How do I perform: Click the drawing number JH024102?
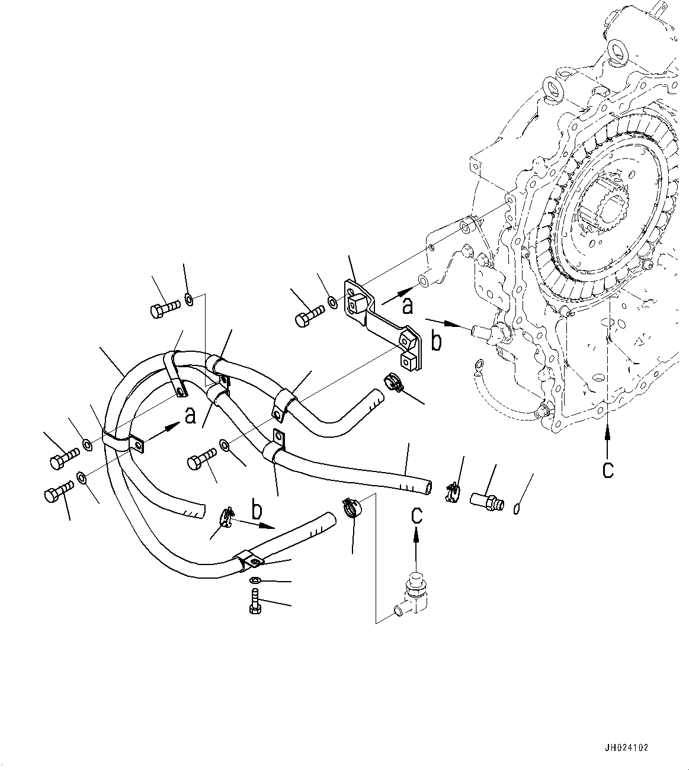[626, 747]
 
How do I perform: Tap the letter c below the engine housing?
[608, 469]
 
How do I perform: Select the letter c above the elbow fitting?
[417, 515]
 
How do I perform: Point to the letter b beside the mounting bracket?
[436, 342]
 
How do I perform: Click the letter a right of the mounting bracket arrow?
[407, 306]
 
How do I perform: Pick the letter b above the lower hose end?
[257, 509]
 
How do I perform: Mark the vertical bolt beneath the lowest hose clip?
[255, 602]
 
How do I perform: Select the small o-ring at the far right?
[516, 506]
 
